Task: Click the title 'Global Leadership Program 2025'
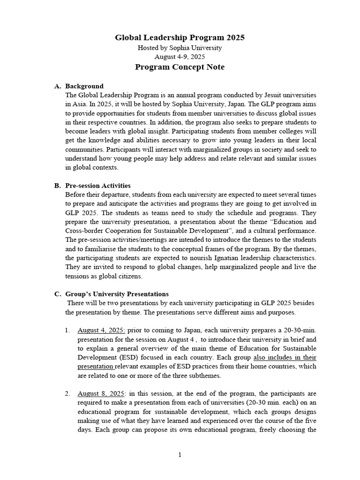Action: (180, 37)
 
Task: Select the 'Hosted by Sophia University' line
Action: (180, 48)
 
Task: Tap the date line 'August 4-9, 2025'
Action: (180, 57)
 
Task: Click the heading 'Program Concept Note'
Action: (180, 67)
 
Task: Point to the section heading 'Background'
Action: (84, 86)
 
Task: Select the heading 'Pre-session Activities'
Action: (98, 186)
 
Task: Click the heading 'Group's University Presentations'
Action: (117, 294)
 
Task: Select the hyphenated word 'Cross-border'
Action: (85, 231)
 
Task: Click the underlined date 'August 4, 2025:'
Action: (101, 330)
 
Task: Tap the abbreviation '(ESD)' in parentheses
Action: (125, 357)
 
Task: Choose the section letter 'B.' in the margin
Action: (58, 186)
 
